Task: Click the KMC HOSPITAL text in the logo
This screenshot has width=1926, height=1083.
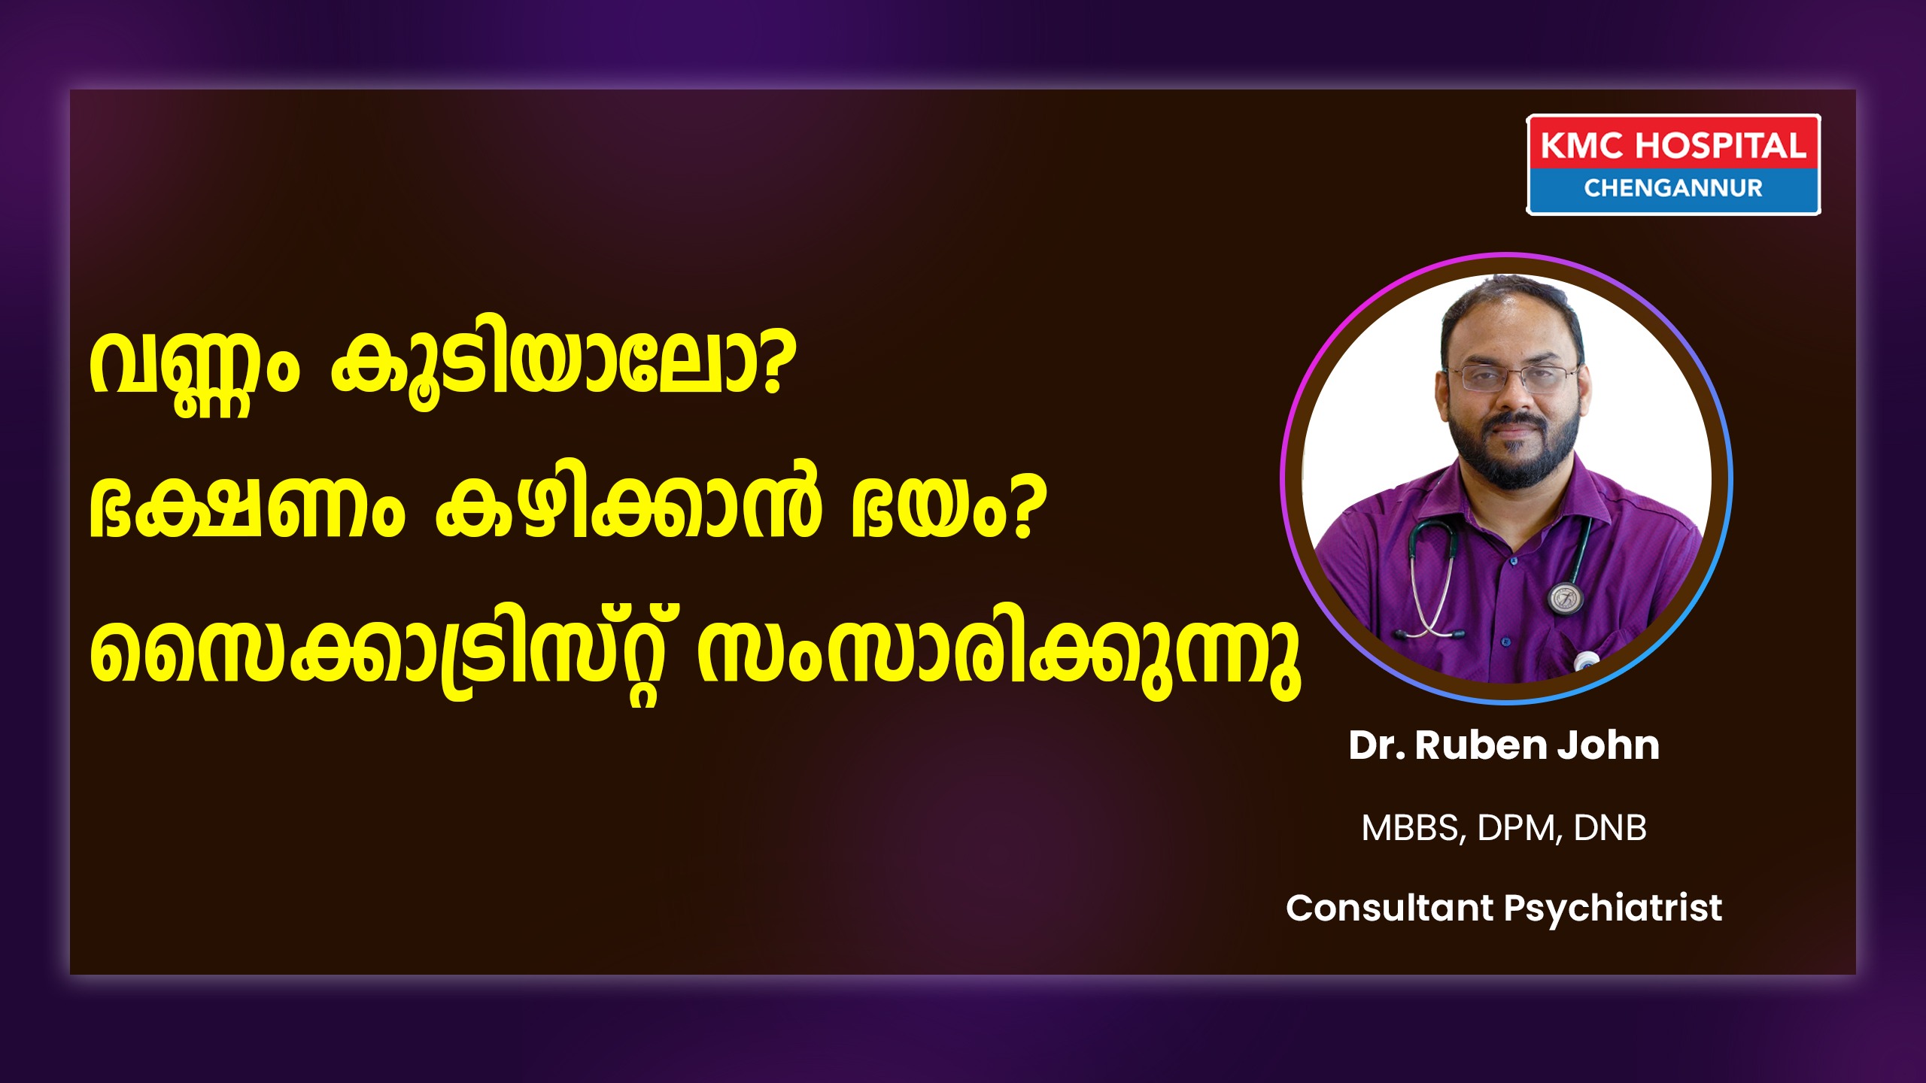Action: click(1673, 146)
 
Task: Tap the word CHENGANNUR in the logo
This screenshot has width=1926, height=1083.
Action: click(1673, 188)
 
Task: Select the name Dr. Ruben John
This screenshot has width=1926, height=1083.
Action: click(1504, 745)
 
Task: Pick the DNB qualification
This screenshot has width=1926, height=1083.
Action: click(1609, 828)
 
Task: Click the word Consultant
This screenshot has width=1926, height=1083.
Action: click(1390, 908)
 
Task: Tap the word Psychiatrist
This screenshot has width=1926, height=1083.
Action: click(1613, 909)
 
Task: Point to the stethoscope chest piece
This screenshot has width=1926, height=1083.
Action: click(1566, 597)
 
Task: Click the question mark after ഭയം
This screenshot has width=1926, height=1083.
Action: click(1024, 508)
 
